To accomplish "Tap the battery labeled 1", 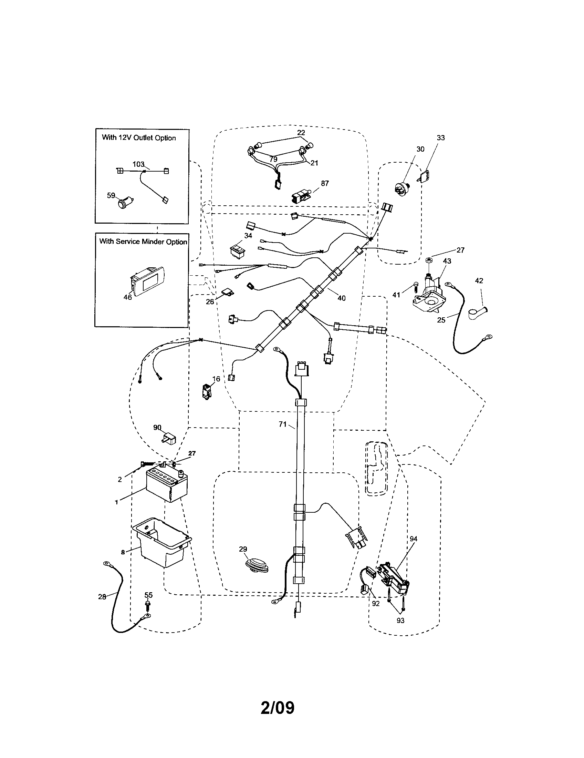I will point(167,485).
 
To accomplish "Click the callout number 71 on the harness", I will point(283,424).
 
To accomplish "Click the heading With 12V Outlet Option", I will point(139,138).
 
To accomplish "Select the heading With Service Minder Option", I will point(143,242).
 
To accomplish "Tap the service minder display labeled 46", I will point(148,280).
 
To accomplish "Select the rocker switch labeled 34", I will point(239,250).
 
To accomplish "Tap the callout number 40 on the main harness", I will point(341,298).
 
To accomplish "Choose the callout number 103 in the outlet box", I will point(138,164).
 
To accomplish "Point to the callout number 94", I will point(413,539).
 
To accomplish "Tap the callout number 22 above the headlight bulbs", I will point(301,133).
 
